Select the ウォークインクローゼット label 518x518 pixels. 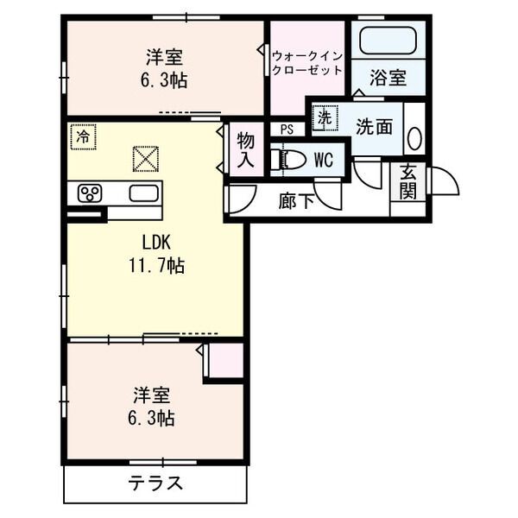[306, 63]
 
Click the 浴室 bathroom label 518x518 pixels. [388, 78]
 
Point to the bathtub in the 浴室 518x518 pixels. [387, 41]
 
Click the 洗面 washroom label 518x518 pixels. [374, 126]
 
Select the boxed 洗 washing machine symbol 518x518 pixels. [323, 118]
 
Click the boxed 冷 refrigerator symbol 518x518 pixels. [84, 136]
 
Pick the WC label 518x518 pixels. [323, 160]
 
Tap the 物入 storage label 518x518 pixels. [246, 150]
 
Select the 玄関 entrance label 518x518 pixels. [408, 180]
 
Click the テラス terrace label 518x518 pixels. [156, 483]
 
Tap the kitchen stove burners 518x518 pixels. [91, 192]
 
